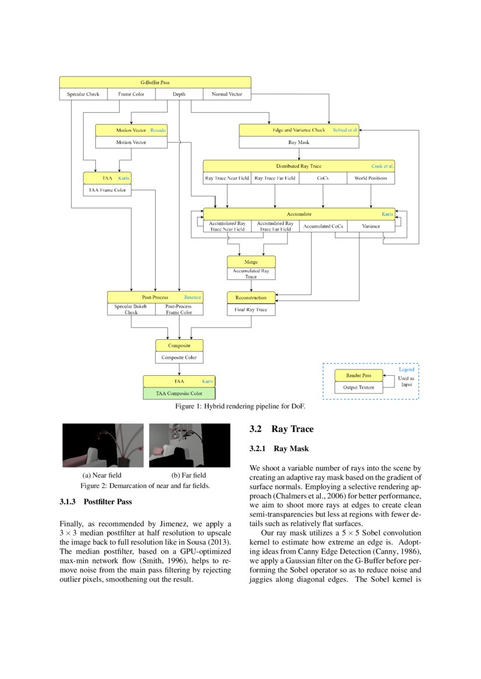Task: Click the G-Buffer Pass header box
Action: (155, 82)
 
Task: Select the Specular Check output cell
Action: (83, 94)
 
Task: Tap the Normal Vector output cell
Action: (227, 94)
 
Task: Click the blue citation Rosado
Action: (158, 130)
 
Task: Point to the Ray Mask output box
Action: (299, 142)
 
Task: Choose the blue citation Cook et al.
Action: (383, 166)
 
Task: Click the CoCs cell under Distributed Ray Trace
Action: (323, 178)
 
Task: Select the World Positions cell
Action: (370, 178)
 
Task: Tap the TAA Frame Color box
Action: (107, 190)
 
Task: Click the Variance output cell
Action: (370, 226)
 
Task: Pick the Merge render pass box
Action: (251, 262)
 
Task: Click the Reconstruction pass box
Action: (251, 298)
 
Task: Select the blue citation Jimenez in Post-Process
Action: (193, 297)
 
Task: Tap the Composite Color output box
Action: (179, 358)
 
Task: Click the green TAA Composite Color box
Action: (179, 393)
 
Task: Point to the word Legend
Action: (407, 369)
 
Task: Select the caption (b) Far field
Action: (184, 475)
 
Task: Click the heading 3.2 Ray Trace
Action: (282, 429)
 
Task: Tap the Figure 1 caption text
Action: (240, 406)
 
